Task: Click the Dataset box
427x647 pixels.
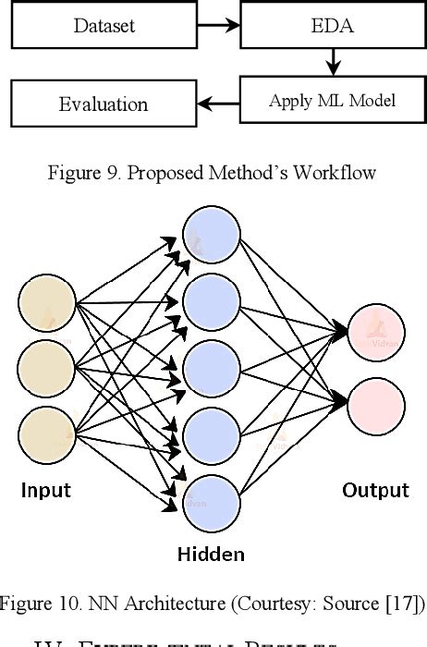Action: pos(103,25)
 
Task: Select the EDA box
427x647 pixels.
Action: pos(333,25)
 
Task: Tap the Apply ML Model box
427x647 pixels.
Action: pos(333,101)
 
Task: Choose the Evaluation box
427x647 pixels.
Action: pos(103,104)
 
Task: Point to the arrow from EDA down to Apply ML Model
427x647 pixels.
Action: pos(333,63)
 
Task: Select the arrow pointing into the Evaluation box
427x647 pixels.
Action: pos(217,103)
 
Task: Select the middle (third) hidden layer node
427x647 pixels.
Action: pos(212,369)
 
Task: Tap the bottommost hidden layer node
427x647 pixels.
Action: pos(212,500)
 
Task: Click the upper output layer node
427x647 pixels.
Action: pos(377,331)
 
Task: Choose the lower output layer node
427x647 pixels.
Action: pos(377,404)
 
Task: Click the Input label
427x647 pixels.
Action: pos(46,490)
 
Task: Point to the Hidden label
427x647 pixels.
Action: pos(211,555)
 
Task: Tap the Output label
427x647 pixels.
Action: pos(375,490)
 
